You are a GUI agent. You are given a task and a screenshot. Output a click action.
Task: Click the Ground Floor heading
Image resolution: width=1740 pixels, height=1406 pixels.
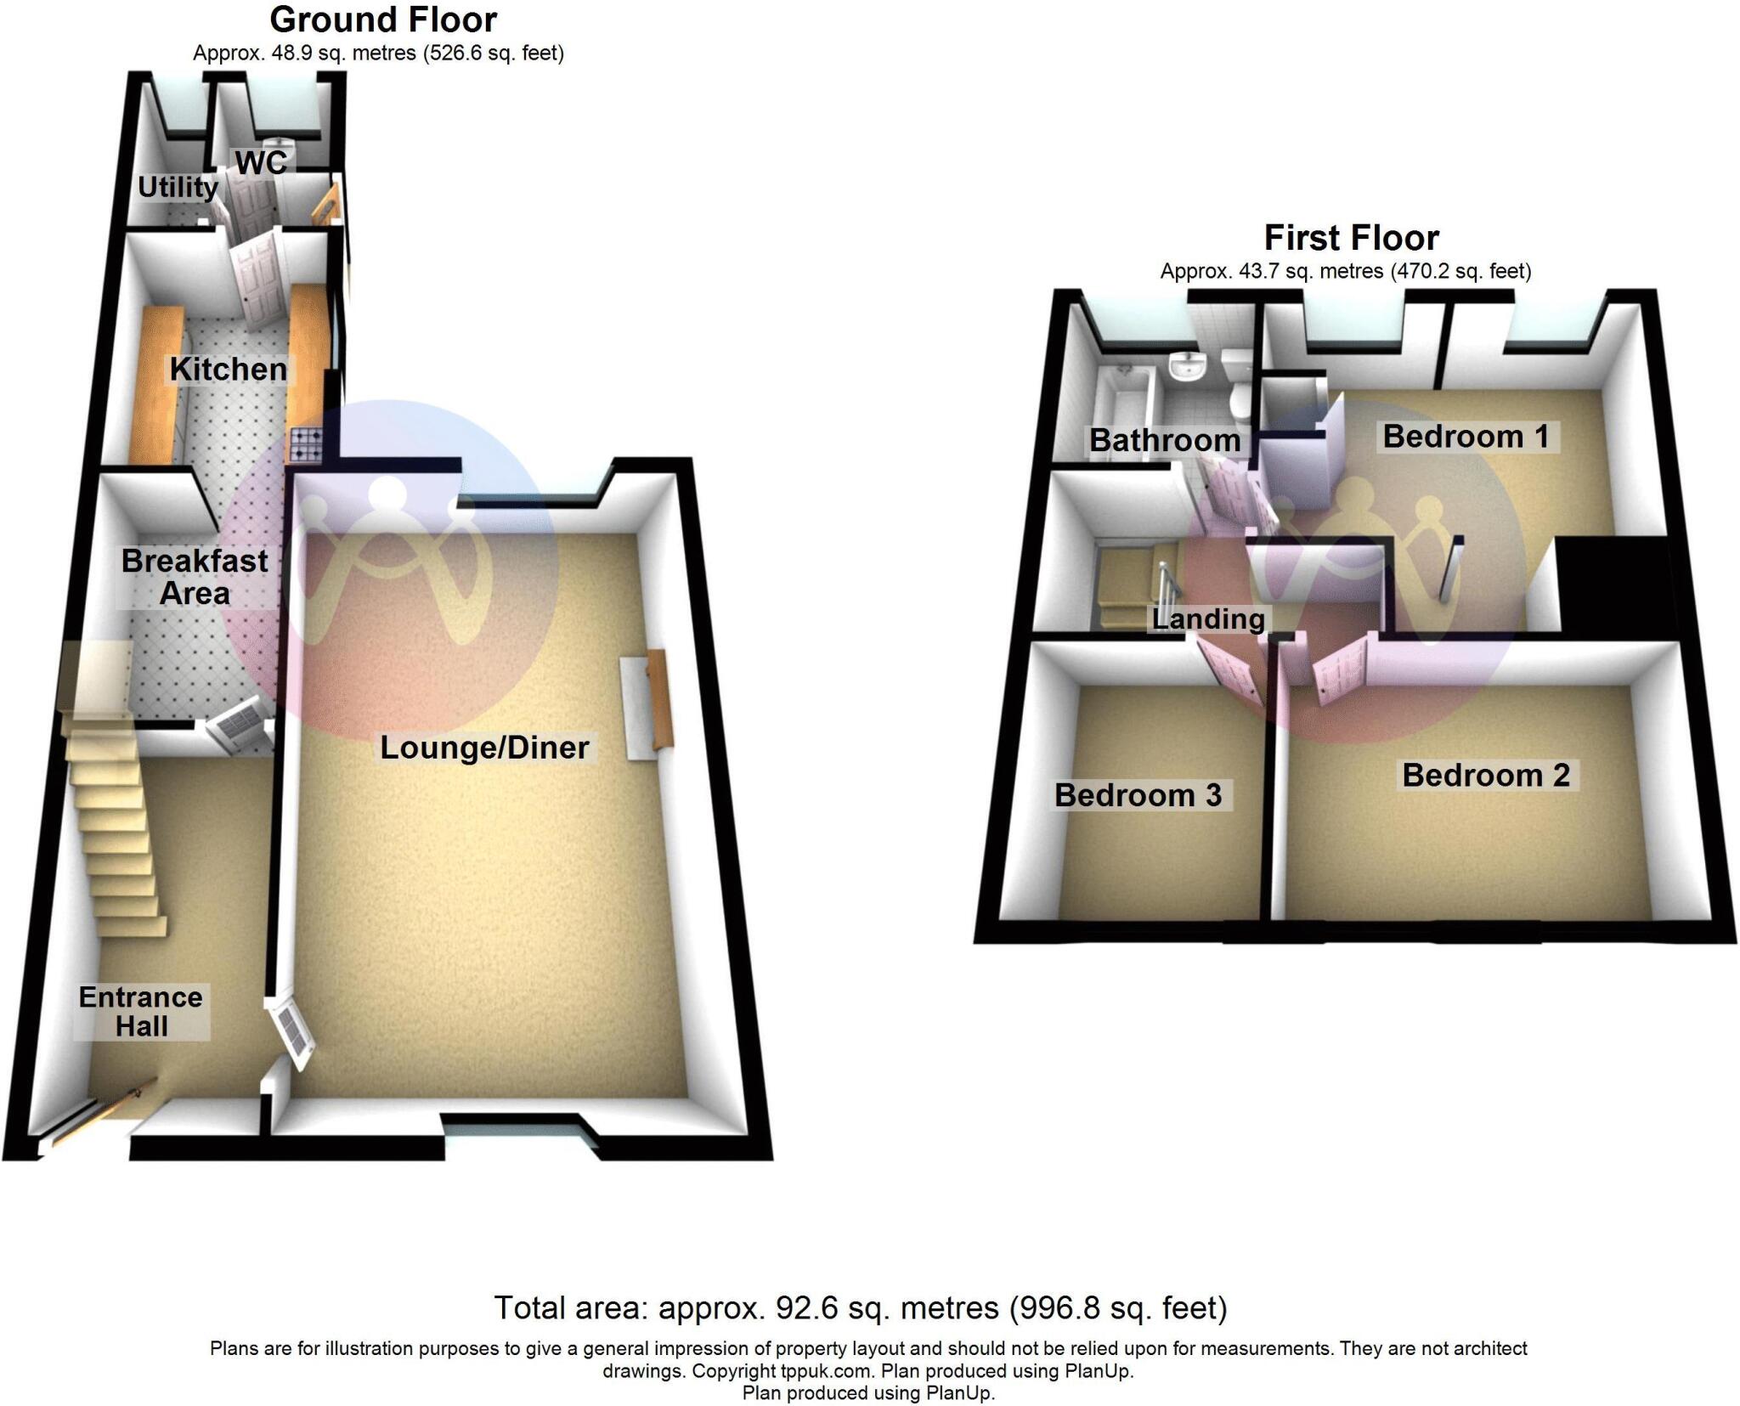click(383, 20)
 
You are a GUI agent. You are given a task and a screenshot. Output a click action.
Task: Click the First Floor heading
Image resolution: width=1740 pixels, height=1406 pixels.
click(1352, 238)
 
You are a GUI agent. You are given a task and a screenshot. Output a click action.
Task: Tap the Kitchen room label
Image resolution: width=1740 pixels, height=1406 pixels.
click(229, 370)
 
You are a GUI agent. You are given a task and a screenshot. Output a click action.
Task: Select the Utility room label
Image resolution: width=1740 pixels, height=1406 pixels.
click(178, 187)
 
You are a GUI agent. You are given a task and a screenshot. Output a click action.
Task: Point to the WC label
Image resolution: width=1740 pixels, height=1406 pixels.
click(262, 163)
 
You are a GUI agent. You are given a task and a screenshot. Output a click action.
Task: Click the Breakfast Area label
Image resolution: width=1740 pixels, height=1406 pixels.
click(195, 577)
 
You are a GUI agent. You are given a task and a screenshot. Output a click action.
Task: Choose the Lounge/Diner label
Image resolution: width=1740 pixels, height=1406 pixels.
click(484, 748)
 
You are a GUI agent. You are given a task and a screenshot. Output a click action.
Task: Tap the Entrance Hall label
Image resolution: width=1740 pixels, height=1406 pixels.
click(141, 1011)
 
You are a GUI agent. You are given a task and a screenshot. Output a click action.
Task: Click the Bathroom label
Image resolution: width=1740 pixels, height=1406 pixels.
click(1165, 440)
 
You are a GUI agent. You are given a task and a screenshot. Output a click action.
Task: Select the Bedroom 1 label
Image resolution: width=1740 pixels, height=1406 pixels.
click(1466, 437)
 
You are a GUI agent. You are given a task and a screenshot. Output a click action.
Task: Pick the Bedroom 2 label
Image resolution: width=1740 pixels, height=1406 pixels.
click(1486, 775)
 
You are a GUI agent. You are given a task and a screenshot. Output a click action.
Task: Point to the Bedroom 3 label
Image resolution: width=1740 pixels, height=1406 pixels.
click(1138, 795)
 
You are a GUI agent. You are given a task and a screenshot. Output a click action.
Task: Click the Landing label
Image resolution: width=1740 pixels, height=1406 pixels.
click(1208, 618)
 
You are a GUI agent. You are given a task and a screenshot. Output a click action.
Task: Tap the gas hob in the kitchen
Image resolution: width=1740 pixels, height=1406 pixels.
click(307, 444)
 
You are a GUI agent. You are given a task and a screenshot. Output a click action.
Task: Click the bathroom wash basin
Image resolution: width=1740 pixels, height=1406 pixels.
click(1187, 366)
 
